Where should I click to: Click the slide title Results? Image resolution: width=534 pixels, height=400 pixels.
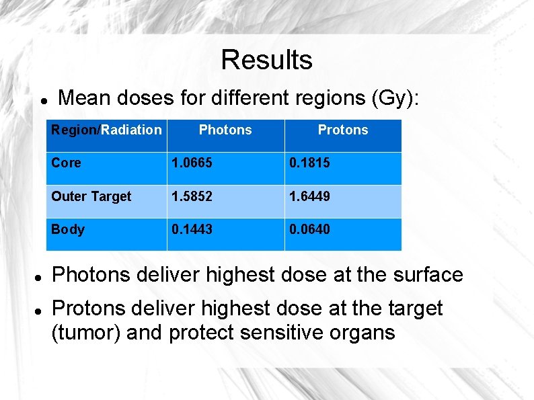point(266,60)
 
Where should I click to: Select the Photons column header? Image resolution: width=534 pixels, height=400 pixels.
point(225,130)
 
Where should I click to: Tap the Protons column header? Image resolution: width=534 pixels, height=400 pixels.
point(343,130)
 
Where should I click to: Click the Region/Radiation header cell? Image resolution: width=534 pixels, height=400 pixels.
point(107,130)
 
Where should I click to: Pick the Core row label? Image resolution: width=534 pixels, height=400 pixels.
point(66,163)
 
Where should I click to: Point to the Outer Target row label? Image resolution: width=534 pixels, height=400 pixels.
point(91,196)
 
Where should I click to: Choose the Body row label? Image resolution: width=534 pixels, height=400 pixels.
point(68,230)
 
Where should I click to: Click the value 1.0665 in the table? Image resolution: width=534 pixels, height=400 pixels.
point(192,163)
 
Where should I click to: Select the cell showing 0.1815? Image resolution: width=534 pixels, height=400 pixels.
point(309,163)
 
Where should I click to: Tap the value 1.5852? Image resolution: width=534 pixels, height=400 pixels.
point(192,196)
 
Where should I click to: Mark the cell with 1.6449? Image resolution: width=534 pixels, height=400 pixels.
point(309,196)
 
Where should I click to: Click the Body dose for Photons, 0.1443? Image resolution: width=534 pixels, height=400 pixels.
point(192,230)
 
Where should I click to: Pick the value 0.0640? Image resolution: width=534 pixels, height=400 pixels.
point(309,230)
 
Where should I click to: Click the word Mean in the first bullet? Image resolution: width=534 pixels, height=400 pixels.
point(84,98)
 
